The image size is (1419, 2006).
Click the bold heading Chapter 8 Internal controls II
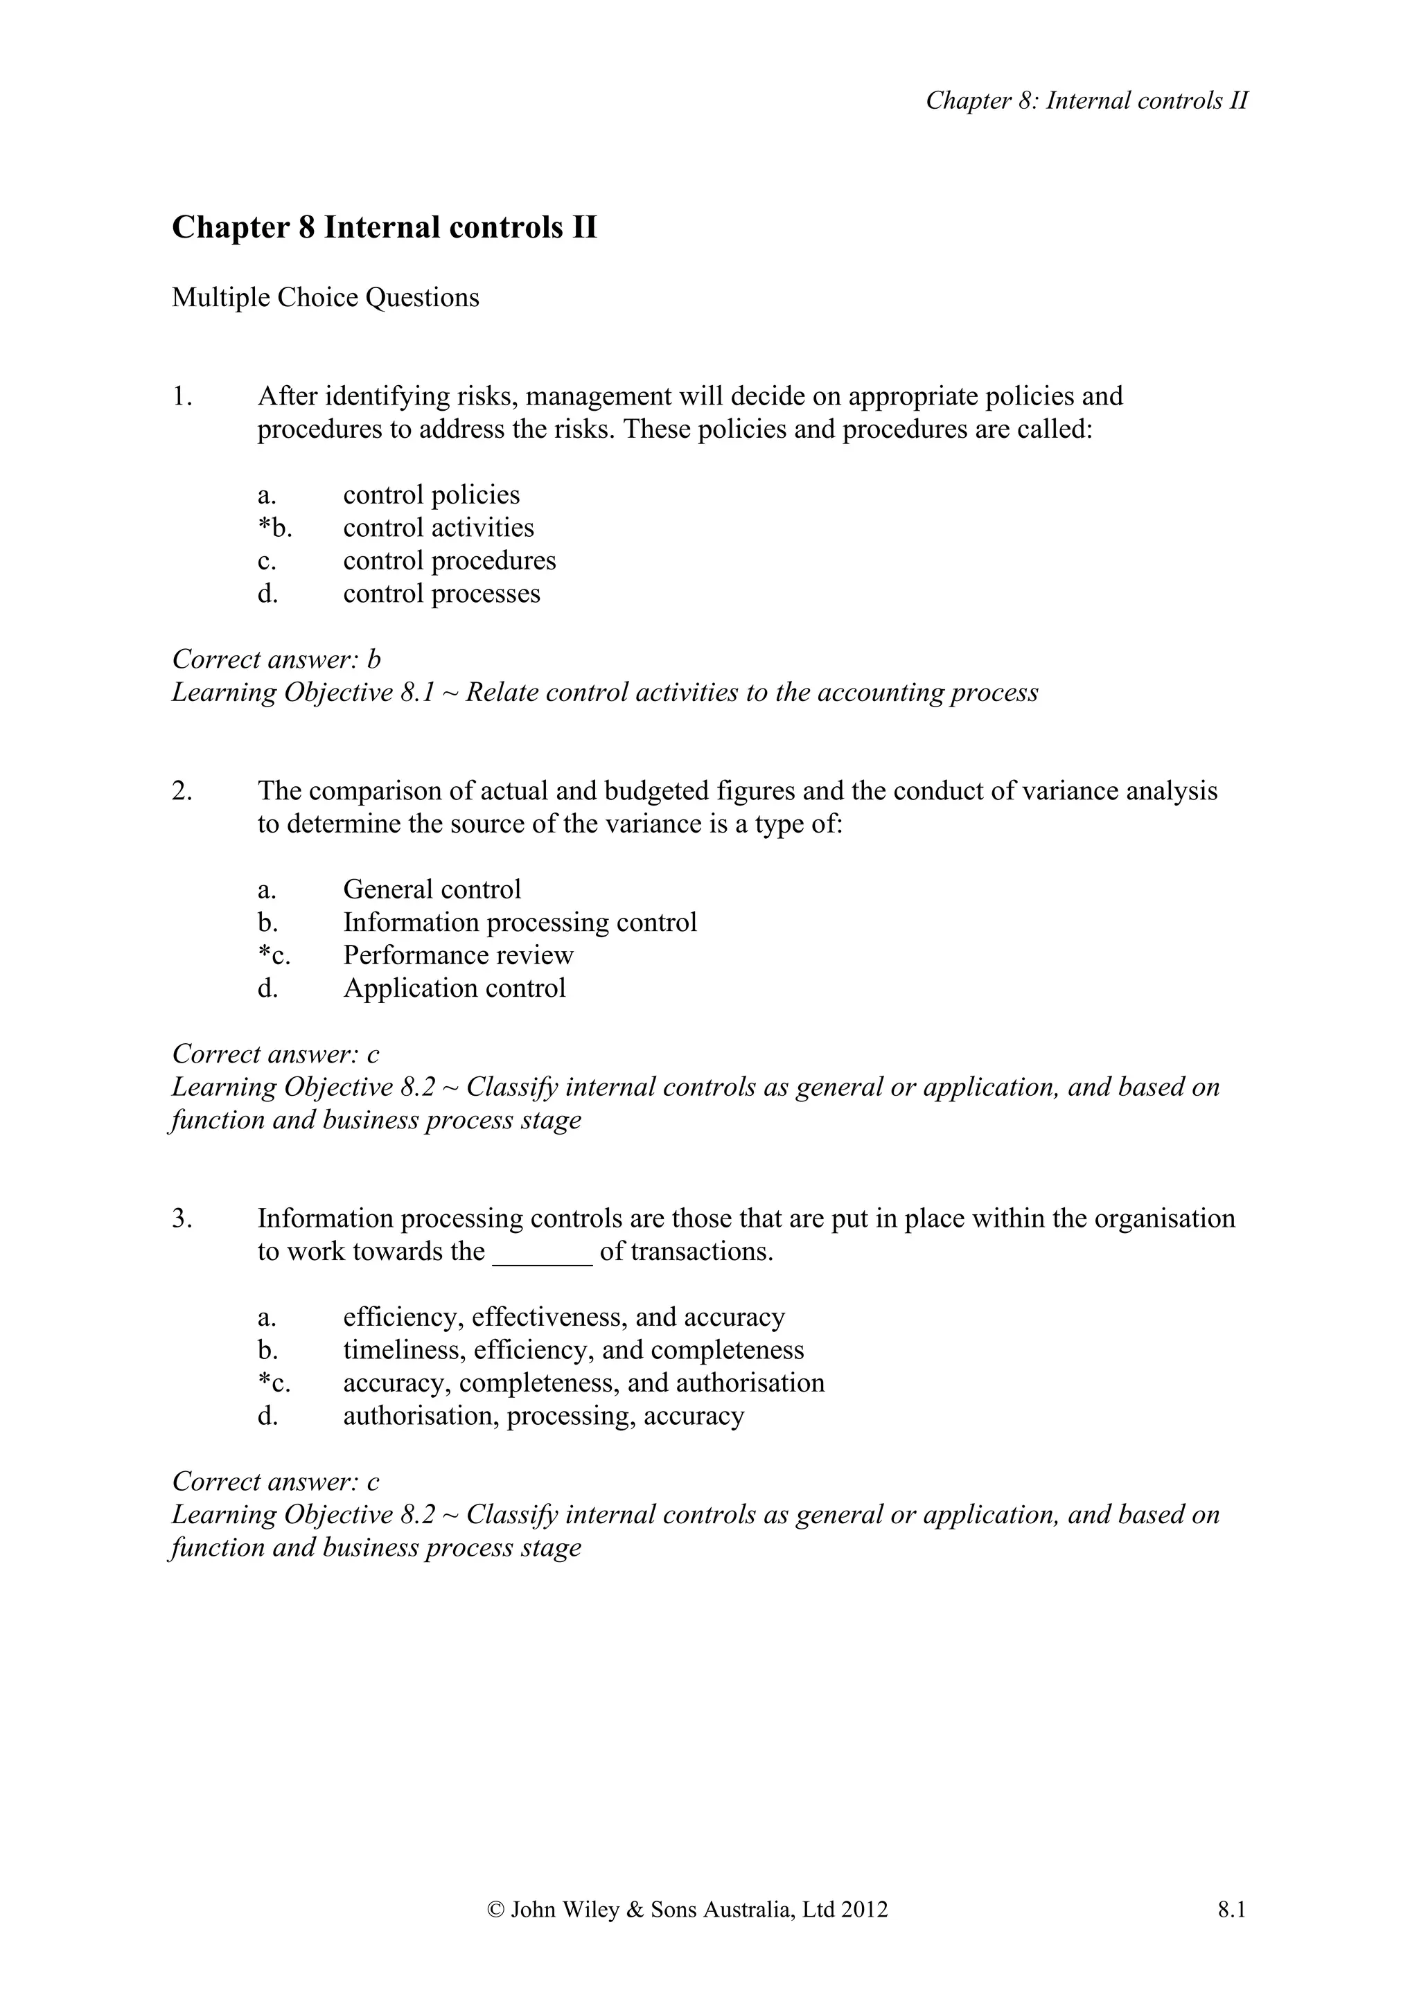[385, 228]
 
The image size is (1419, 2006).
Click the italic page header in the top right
[1086, 101]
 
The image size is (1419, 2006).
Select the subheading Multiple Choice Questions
[325, 298]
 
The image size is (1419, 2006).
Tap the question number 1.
[181, 397]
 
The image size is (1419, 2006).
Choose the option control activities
[438, 528]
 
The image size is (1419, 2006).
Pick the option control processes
[441, 594]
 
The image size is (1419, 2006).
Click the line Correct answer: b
[276, 659]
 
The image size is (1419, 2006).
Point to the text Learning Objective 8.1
[302, 693]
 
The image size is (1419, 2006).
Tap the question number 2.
[181, 792]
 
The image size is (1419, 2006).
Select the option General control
[432, 889]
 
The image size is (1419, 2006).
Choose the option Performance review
[458, 955]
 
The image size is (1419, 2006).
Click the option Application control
[455, 988]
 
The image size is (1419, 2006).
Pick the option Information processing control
[520, 923]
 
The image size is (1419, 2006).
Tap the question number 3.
[181, 1219]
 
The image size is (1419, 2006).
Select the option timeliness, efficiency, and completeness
[573, 1350]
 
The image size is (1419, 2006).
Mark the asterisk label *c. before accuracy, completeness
[274, 1383]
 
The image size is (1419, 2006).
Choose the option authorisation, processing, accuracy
[543, 1417]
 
